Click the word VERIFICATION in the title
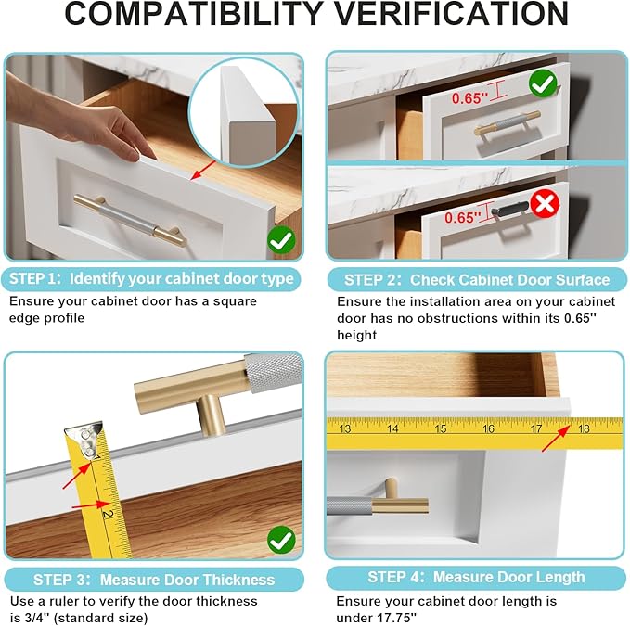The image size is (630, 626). [x=451, y=14]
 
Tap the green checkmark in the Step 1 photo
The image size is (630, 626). [x=281, y=239]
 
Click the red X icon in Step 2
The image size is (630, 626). [x=545, y=204]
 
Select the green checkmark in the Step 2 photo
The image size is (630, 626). [x=543, y=83]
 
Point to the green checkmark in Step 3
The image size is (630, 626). [x=281, y=540]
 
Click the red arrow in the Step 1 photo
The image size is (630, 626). [x=203, y=171]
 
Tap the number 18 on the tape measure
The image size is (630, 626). [x=584, y=428]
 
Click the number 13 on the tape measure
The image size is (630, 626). [x=345, y=428]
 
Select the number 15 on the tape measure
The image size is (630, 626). [x=441, y=428]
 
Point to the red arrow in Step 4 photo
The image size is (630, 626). [x=556, y=438]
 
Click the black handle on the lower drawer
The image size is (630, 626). [x=508, y=209]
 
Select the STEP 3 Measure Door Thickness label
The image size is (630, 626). [x=154, y=580]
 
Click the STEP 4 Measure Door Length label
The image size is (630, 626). [x=476, y=577]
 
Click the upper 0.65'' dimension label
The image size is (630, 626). [x=469, y=98]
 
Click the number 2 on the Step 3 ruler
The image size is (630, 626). [x=108, y=513]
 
